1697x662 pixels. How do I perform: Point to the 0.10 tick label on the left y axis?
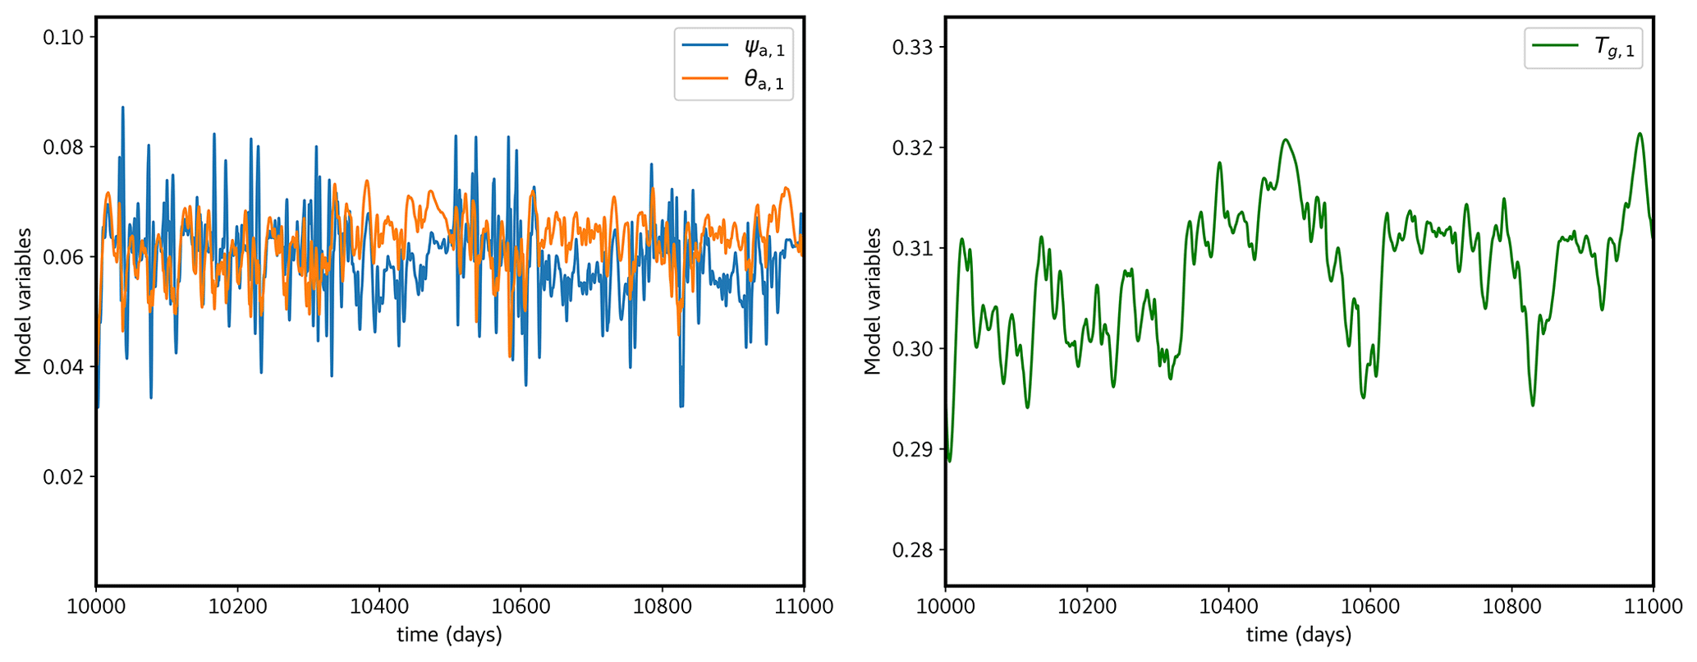(66, 37)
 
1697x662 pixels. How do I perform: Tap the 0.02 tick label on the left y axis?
(66, 476)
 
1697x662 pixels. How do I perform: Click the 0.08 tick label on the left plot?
(66, 147)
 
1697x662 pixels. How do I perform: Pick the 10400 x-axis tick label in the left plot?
(378, 607)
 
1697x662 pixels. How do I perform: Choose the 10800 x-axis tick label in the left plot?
(662, 607)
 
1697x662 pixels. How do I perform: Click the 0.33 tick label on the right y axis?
(915, 47)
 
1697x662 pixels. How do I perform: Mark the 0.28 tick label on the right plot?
(915, 549)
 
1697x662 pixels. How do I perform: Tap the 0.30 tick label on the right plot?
(915, 348)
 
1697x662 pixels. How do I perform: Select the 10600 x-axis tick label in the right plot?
(1369, 607)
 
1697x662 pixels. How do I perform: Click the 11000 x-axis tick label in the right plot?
(1652, 607)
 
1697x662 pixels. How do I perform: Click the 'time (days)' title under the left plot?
(449, 635)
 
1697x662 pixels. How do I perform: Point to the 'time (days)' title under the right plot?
(1299, 635)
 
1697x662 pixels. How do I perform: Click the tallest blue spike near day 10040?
(123, 108)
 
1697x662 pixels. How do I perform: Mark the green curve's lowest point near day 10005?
(950, 461)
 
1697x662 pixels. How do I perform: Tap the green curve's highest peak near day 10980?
(1640, 134)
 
